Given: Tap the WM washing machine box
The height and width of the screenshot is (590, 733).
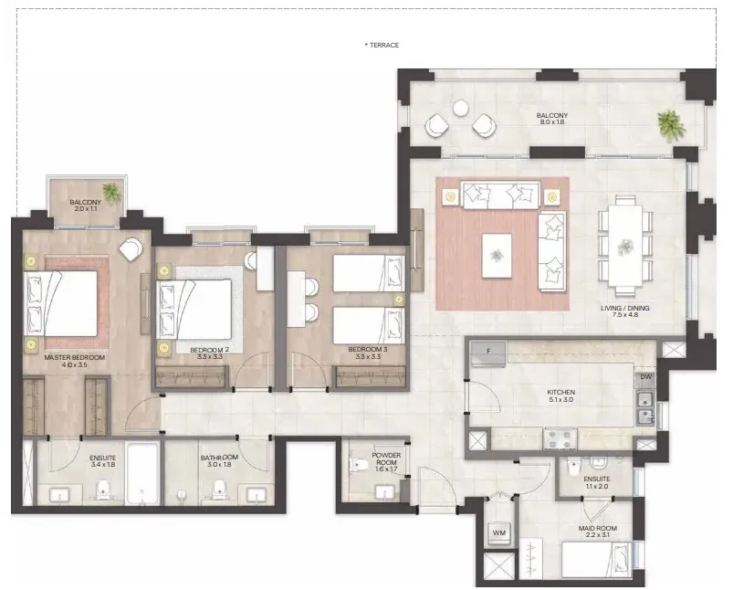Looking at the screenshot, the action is point(499,533).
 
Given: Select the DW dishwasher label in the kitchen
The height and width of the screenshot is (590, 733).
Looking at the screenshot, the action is point(645,376).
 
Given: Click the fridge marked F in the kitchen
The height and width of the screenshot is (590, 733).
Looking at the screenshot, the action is point(488,353).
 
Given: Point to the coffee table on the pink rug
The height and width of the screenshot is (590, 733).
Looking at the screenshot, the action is point(497,256).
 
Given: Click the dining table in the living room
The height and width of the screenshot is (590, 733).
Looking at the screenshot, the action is point(625,246).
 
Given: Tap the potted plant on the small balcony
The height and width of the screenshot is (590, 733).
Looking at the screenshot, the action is point(111,192).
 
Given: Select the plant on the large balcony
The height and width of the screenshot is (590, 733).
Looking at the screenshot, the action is point(671,125).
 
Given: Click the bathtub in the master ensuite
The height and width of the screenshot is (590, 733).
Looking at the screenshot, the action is point(142,474).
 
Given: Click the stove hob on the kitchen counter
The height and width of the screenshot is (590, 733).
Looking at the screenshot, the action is point(560,439).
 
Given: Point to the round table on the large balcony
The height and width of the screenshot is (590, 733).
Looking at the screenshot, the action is point(461,108).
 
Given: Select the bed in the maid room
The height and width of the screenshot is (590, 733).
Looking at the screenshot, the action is point(597,560).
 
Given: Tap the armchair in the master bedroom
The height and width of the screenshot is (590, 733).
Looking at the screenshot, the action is point(131,249).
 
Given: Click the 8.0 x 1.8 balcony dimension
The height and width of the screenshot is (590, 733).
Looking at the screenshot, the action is point(552,122).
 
